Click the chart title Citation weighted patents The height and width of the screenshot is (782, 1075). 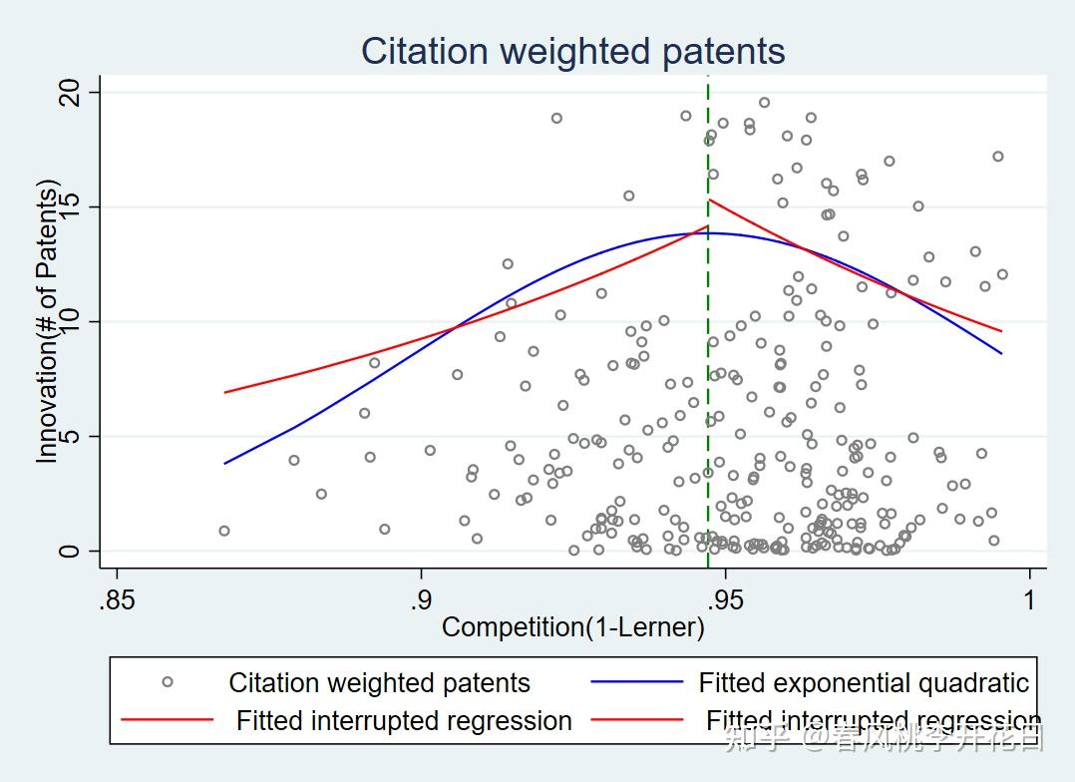[x=572, y=51]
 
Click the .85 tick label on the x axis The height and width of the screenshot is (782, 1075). [x=118, y=601]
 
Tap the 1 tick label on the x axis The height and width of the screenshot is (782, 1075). [x=1029, y=601]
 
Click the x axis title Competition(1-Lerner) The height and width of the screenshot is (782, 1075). [x=572, y=627]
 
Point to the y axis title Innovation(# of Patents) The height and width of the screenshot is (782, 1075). [x=47, y=321]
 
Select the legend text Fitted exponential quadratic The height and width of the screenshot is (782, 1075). [x=864, y=683]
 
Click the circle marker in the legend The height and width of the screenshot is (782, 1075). [x=168, y=682]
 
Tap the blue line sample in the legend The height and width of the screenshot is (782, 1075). [x=637, y=682]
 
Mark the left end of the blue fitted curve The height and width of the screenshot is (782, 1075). [x=225, y=463]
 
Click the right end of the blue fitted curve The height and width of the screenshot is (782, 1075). [x=1001, y=353]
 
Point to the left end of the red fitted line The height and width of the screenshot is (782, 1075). [x=225, y=392]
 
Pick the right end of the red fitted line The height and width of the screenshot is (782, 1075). [x=1001, y=331]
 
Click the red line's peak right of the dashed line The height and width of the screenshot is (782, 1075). [x=709, y=199]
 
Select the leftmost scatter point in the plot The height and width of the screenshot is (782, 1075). [x=224, y=531]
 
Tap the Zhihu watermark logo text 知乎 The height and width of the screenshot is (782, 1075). [x=758, y=739]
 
